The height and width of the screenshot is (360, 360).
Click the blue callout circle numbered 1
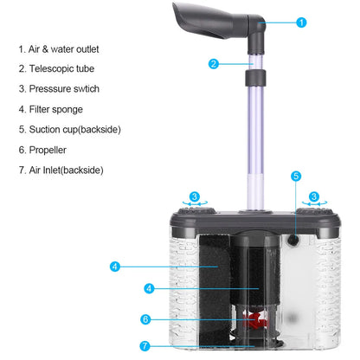pyautogui.click(x=300, y=22)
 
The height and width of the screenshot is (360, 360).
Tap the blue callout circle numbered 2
pyautogui.click(x=213, y=63)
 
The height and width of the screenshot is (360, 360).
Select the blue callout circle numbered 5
pyautogui.click(x=296, y=176)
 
